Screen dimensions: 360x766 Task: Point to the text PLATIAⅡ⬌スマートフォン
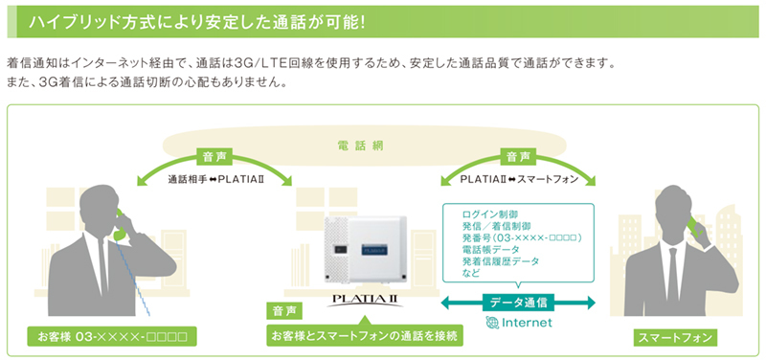click(517, 179)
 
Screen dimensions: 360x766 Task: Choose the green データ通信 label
click(517, 303)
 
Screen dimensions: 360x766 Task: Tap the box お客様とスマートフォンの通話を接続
click(366, 336)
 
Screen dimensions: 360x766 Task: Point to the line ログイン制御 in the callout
click(489, 213)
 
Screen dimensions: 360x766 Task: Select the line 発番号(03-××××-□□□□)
click(522, 236)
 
